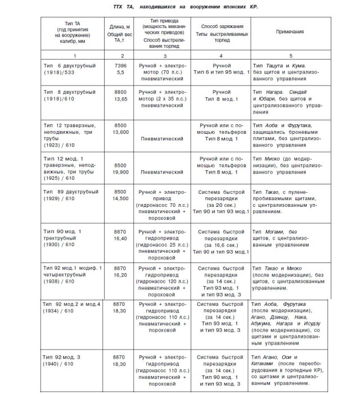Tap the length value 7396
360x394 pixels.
pos(120,66)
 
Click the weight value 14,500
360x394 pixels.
pos(120,200)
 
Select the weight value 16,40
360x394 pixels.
pos(120,238)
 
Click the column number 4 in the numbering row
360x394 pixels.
pos(222,56)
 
